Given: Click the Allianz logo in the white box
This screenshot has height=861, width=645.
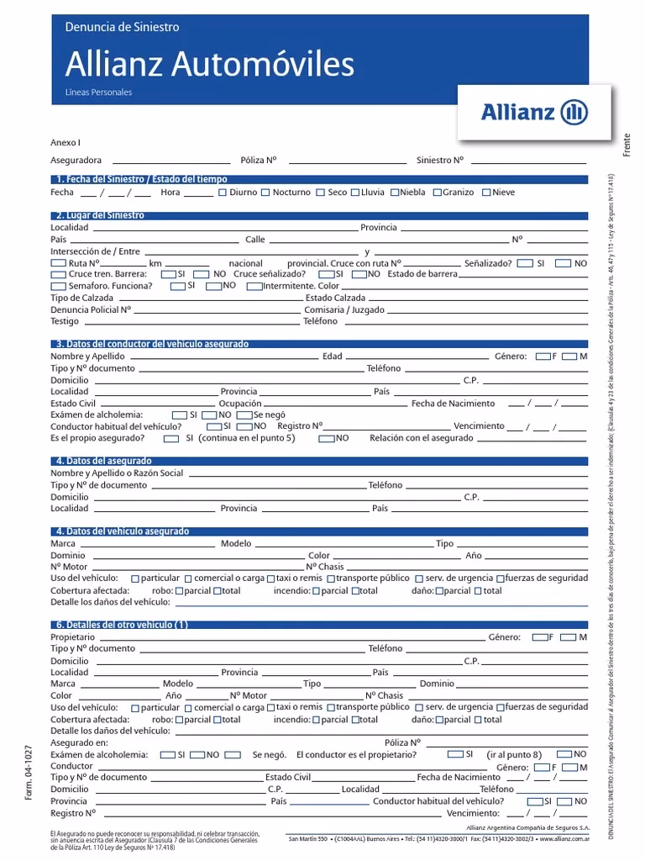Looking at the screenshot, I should pos(534,113).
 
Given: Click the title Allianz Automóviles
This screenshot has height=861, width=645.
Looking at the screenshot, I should pos(210,64).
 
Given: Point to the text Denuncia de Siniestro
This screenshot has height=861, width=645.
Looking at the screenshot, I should pos(122,27).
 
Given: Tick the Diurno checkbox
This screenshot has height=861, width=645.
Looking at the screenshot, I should pos(223,193).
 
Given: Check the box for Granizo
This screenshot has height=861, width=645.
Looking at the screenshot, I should pos(438,193).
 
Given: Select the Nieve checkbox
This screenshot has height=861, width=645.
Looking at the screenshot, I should pos(487,193).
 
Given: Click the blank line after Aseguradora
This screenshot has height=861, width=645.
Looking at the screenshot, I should pos(170,161).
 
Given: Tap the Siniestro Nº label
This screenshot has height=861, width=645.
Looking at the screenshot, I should pos(439,160).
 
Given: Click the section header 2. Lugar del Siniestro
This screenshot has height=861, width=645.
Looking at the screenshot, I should pos(100,215).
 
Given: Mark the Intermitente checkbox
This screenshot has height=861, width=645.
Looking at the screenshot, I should pos(254,286).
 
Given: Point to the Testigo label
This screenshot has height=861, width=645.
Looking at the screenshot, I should pos(65,321).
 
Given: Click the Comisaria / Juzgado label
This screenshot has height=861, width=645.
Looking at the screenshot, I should pos(344,309).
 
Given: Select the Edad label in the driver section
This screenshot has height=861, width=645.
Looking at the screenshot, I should pos(333,357).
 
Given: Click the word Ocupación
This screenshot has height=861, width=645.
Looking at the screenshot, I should pos(240,404).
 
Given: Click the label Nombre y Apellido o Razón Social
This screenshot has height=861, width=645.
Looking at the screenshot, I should pos(117,473).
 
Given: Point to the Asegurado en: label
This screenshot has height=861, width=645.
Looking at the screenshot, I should pos(79,742).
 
